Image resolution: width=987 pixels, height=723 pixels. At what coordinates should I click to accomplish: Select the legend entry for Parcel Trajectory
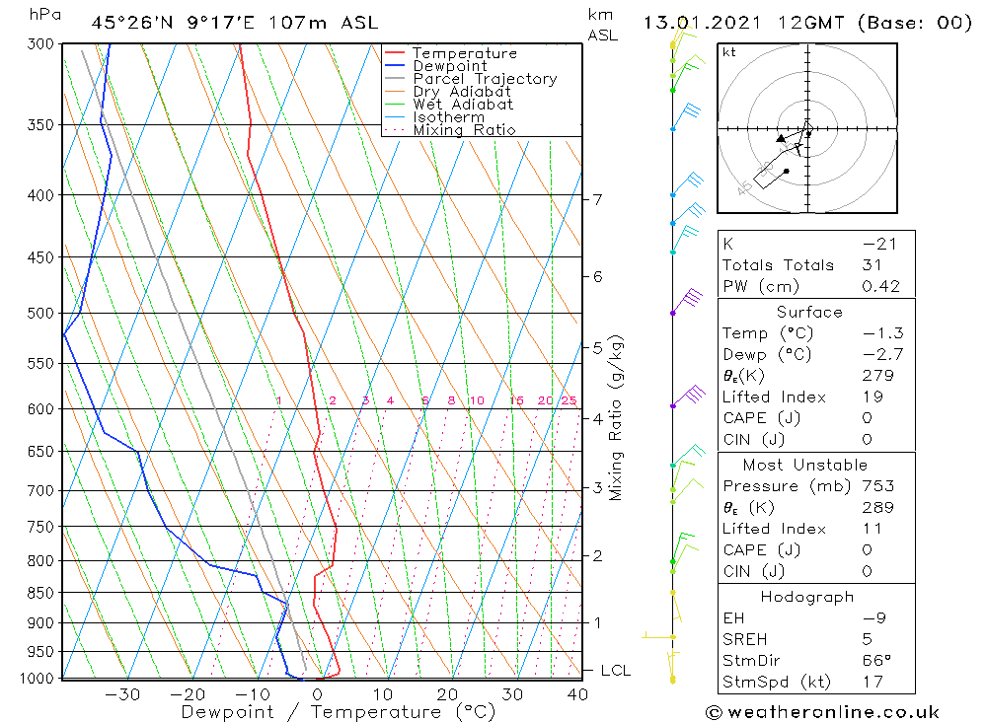(484, 79)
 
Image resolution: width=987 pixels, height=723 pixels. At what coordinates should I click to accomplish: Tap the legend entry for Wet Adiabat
(462, 105)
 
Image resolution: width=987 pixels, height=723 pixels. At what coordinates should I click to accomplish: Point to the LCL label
(615, 671)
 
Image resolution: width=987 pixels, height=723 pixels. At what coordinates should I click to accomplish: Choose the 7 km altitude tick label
(598, 200)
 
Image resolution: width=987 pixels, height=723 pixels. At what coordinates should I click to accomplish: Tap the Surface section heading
(809, 312)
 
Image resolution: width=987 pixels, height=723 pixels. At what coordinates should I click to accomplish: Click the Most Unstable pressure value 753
(877, 486)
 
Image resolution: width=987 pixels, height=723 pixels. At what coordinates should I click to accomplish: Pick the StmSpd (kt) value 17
(873, 682)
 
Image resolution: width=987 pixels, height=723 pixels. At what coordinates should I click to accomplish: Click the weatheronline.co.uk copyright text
(822, 712)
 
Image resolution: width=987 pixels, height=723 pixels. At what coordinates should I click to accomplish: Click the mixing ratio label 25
(569, 400)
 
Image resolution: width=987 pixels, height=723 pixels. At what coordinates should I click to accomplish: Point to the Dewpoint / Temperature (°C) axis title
(338, 712)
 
